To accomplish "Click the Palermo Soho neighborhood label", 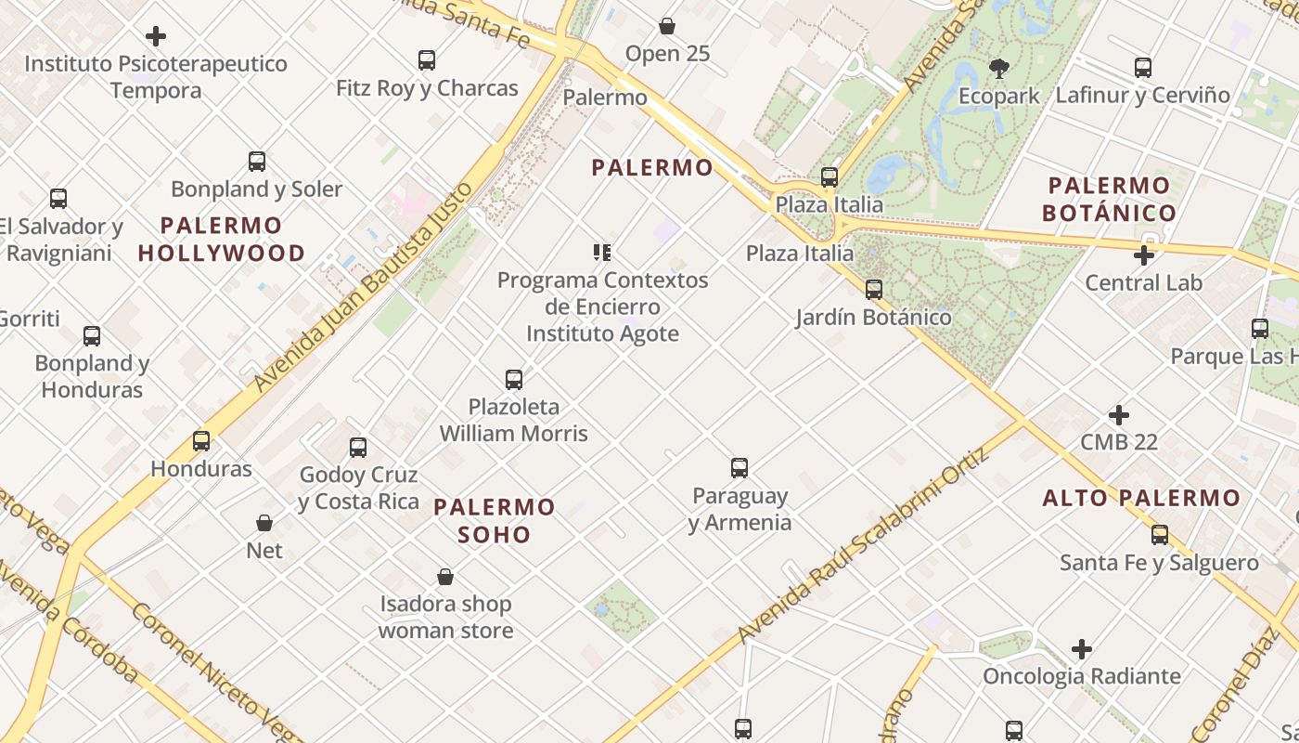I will (x=495, y=520).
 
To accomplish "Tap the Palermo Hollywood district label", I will (x=221, y=239).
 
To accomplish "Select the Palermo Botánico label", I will (x=1109, y=199).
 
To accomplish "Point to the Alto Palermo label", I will (x=1141, y=498).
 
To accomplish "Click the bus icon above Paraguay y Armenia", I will (x=740, y=468).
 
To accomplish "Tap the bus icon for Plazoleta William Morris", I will (x=514, y=379).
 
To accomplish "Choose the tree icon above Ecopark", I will (x=999, y=68).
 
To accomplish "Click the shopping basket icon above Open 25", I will (x=667, y=26).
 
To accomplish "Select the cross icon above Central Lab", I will (x=1144, y=254).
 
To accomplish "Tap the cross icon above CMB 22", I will (x=1119, y=414).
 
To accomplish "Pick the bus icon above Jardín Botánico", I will (x=874, y=290).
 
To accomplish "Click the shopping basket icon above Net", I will (x=264, y=523).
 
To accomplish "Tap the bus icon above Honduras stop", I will (x=201, y=441).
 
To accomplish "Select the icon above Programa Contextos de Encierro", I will (x=602, y=253).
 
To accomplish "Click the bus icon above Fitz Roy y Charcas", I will (x=427, y=60).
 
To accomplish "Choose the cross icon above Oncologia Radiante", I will (x=1082, y=649).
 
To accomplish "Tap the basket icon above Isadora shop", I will (x=445, y=577).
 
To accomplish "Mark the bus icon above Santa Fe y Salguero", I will (x=1160, y=535).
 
